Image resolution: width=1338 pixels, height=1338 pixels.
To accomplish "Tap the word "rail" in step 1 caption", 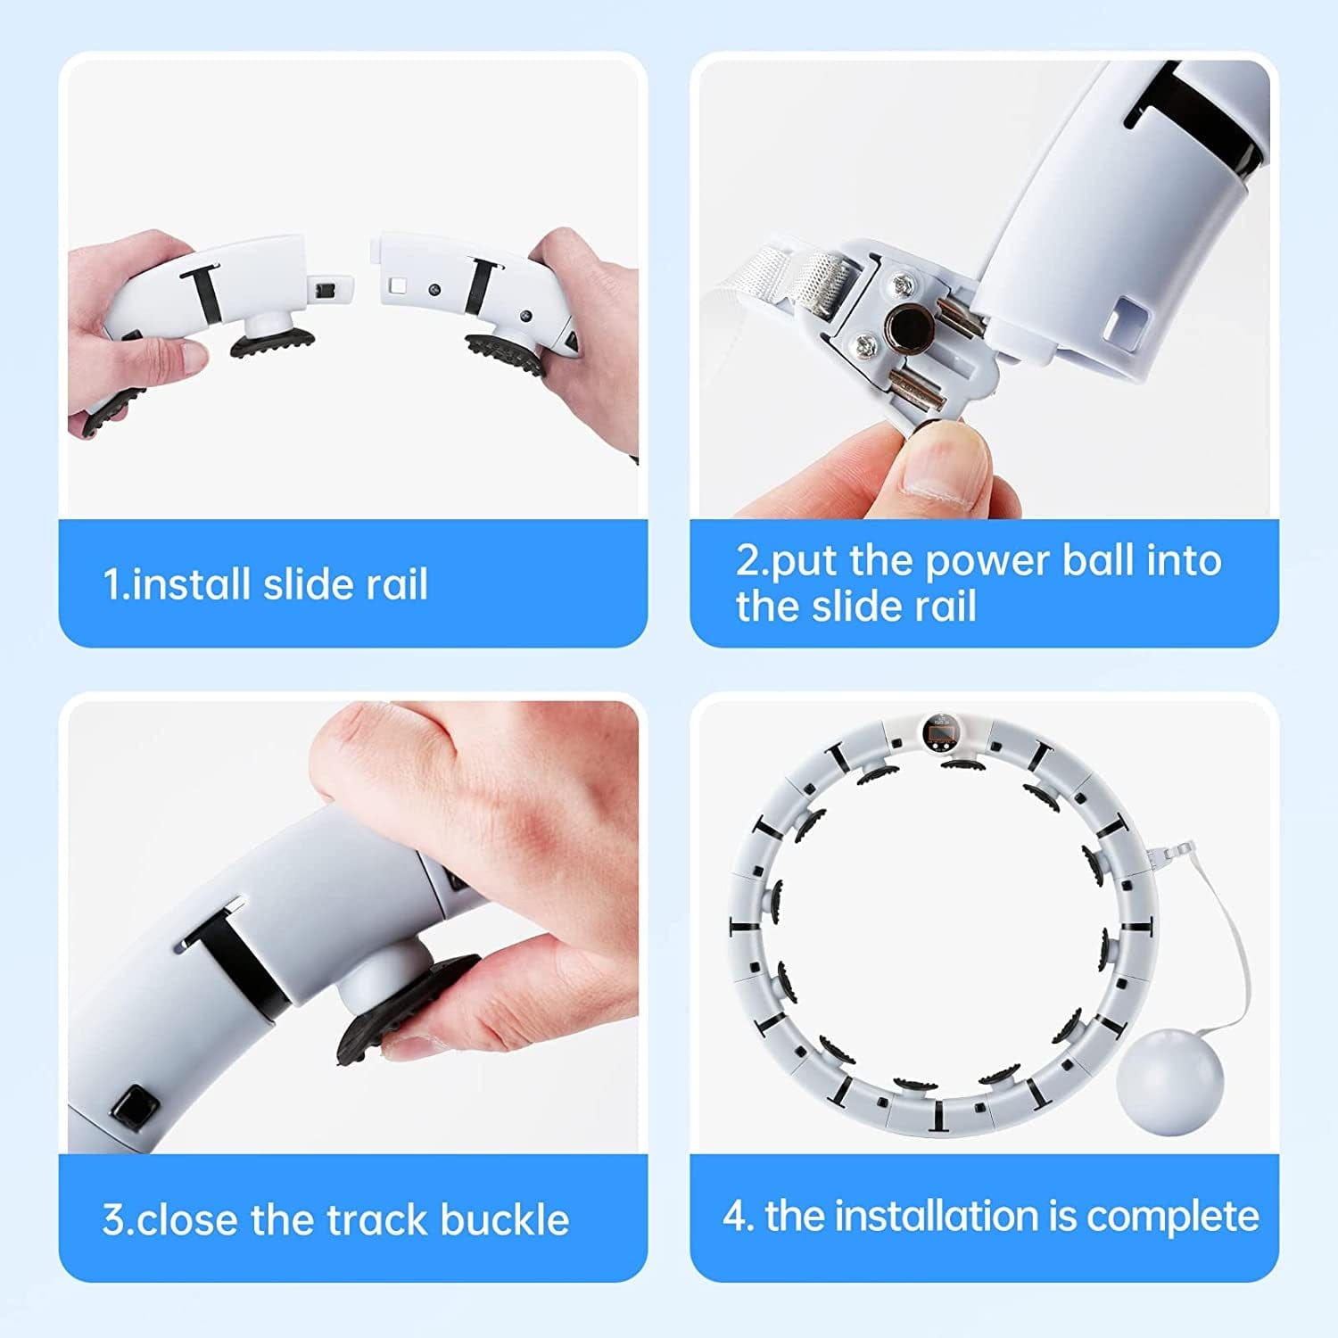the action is click(x=397, y=584).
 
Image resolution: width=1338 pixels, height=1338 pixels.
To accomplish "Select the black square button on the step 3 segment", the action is click(x=135, y=1107).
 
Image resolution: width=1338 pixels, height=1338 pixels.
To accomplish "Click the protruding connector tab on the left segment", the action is click(x=329, y=289).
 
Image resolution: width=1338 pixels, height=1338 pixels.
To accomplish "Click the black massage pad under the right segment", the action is click(x=503, y=356).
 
